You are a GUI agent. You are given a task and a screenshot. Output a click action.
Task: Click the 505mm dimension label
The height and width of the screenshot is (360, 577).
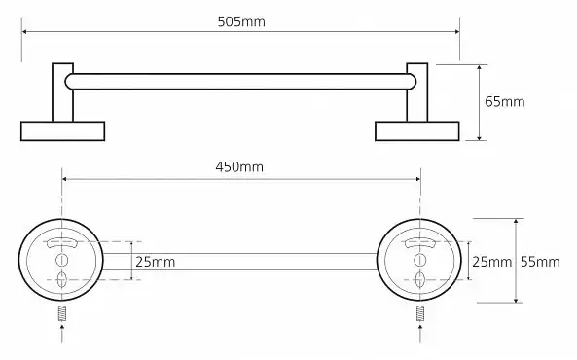pos(241,21)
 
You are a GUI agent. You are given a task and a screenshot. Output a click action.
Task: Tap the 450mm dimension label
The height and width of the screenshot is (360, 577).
pos(239,167)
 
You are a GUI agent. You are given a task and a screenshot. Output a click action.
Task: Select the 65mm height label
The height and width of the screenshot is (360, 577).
pos(504,101)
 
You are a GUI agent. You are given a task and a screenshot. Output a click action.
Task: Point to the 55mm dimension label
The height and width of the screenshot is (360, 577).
pos(540,262)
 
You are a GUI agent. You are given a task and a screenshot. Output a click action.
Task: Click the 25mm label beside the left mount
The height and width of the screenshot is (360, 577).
pos(156,262)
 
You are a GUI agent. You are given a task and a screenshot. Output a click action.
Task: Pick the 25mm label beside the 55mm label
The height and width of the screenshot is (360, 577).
pos(492,262)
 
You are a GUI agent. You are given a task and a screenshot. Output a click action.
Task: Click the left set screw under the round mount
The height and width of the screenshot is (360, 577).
pos(62,313)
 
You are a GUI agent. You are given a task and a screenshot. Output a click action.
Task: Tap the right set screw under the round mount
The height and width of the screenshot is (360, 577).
pos(420,313)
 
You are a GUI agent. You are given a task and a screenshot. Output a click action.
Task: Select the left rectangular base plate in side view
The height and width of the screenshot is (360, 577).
pos(63,131)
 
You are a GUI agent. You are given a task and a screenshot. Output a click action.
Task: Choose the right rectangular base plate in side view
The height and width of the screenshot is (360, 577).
pos(417,131)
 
